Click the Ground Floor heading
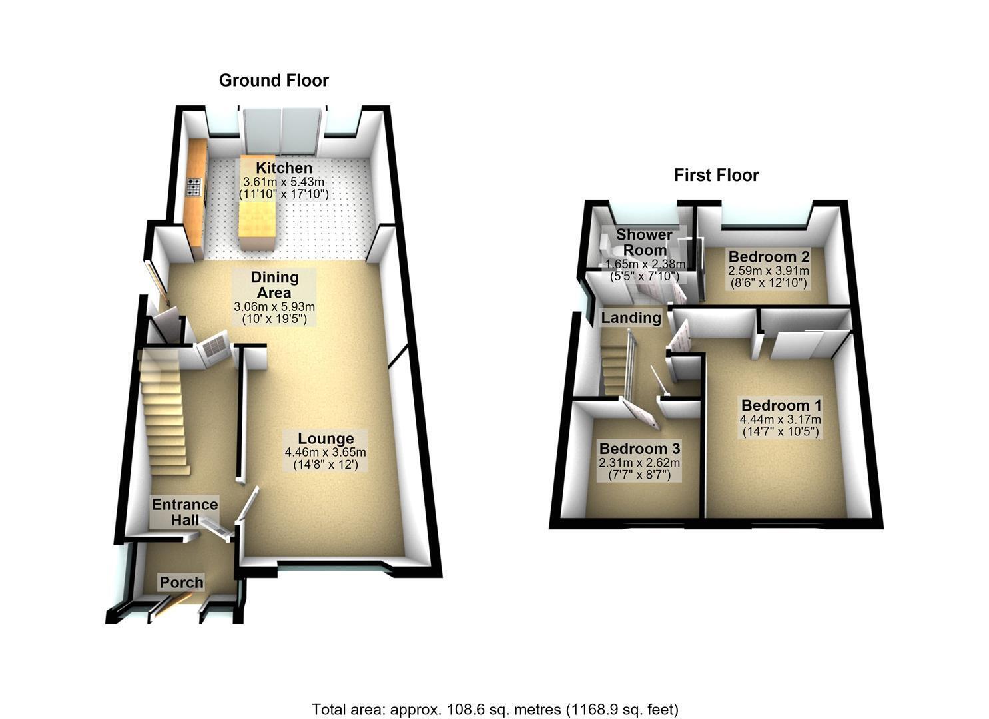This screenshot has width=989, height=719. tap(274, 81)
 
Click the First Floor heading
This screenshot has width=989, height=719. tap(716, 175)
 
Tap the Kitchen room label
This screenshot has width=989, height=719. tap(284, 168)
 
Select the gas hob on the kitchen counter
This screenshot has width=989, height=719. tap(194, 186)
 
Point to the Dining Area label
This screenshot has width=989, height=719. tap(274, 285)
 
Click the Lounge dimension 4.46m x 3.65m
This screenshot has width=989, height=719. tap(326, 452)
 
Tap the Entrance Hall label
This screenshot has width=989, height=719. tap(185, 512)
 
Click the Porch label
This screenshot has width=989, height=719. tap(181, 582)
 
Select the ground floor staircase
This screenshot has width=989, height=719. tap(163, 413)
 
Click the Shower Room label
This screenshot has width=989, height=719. tap(644, 242)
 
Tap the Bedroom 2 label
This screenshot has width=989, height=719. tap(769, 256)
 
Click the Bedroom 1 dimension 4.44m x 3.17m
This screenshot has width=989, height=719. tap(781, 419)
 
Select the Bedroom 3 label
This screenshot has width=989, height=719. tap(639, 449)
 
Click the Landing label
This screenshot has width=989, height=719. tap(631, 318)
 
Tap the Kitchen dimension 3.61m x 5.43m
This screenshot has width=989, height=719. tap(284, 182)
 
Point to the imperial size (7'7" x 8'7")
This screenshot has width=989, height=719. tap(639, 475)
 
